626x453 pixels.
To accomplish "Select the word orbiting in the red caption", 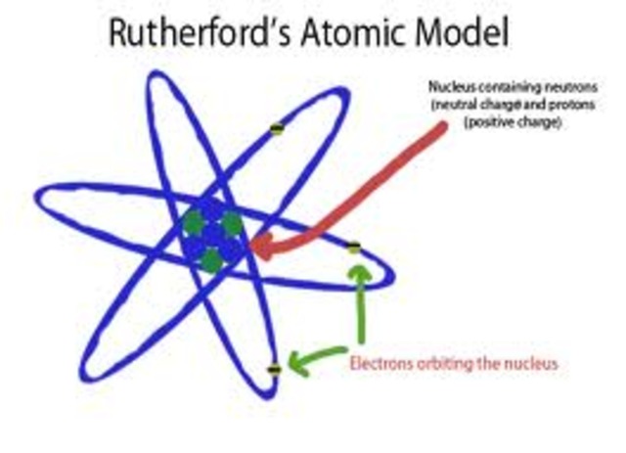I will click(437, 364).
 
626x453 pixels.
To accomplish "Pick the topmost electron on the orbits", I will click(277, 128).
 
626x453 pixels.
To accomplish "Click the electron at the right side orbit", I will click(354, 247).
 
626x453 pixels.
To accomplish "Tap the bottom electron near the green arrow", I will click(275, 369).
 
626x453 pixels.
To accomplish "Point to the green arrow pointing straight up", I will click(361, 294).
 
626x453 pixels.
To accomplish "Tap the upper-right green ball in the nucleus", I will click(231, 223).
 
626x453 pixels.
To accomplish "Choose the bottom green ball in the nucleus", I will click(211, 260).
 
